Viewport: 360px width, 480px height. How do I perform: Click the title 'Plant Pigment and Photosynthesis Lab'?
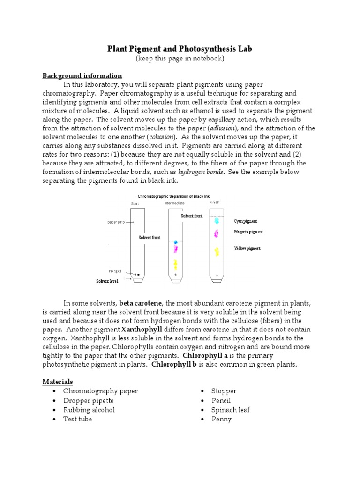(180, 49)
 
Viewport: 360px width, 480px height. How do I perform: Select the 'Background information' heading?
(82, 75)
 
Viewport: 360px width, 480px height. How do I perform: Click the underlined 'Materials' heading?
(58, 382)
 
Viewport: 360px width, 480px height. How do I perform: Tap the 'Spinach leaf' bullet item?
(230, 410)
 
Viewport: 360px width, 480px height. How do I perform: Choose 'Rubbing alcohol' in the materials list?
(89, 410)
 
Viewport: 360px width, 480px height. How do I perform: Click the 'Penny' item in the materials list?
(221, 419)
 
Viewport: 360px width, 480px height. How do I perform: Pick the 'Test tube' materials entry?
(77, 419)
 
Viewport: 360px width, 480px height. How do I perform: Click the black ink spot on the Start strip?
(138, 274)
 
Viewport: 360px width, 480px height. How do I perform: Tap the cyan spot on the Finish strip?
(216, 220)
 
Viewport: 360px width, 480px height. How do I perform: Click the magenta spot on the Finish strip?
(216, 233)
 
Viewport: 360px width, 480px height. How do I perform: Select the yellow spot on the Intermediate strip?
(175, 263)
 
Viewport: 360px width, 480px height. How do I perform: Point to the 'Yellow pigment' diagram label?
(247, 248)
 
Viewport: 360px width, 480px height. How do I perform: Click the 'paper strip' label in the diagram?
(117, 222)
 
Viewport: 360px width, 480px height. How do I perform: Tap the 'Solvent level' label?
(107, 281)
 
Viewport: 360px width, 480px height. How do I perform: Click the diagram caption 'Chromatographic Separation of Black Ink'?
(172, 196)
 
